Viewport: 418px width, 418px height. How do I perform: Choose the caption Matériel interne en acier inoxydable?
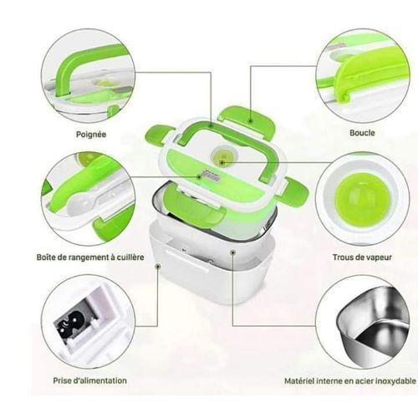click(349, 380)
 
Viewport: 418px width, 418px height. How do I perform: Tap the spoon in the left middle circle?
click(84, 201)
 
